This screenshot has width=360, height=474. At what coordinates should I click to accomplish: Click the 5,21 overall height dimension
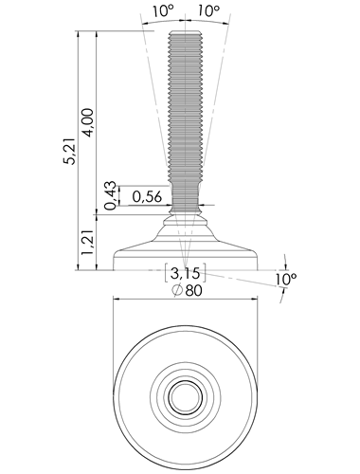(69, 152)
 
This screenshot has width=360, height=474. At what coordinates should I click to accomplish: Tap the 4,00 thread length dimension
(88, 122)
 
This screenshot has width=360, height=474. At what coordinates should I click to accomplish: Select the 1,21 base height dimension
(88, 243)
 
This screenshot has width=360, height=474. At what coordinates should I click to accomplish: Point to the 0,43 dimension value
(111, 196)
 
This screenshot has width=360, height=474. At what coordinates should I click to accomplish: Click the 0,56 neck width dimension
(147, 197)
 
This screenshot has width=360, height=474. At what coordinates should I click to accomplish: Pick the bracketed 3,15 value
(186, 273)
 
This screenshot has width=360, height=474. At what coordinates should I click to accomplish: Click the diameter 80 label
(188, 290)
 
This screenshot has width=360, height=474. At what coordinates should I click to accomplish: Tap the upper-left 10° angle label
(164, 11)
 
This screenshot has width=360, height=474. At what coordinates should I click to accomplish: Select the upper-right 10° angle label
(209, 11)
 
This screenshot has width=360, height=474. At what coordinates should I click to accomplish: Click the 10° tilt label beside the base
(286, 280)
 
